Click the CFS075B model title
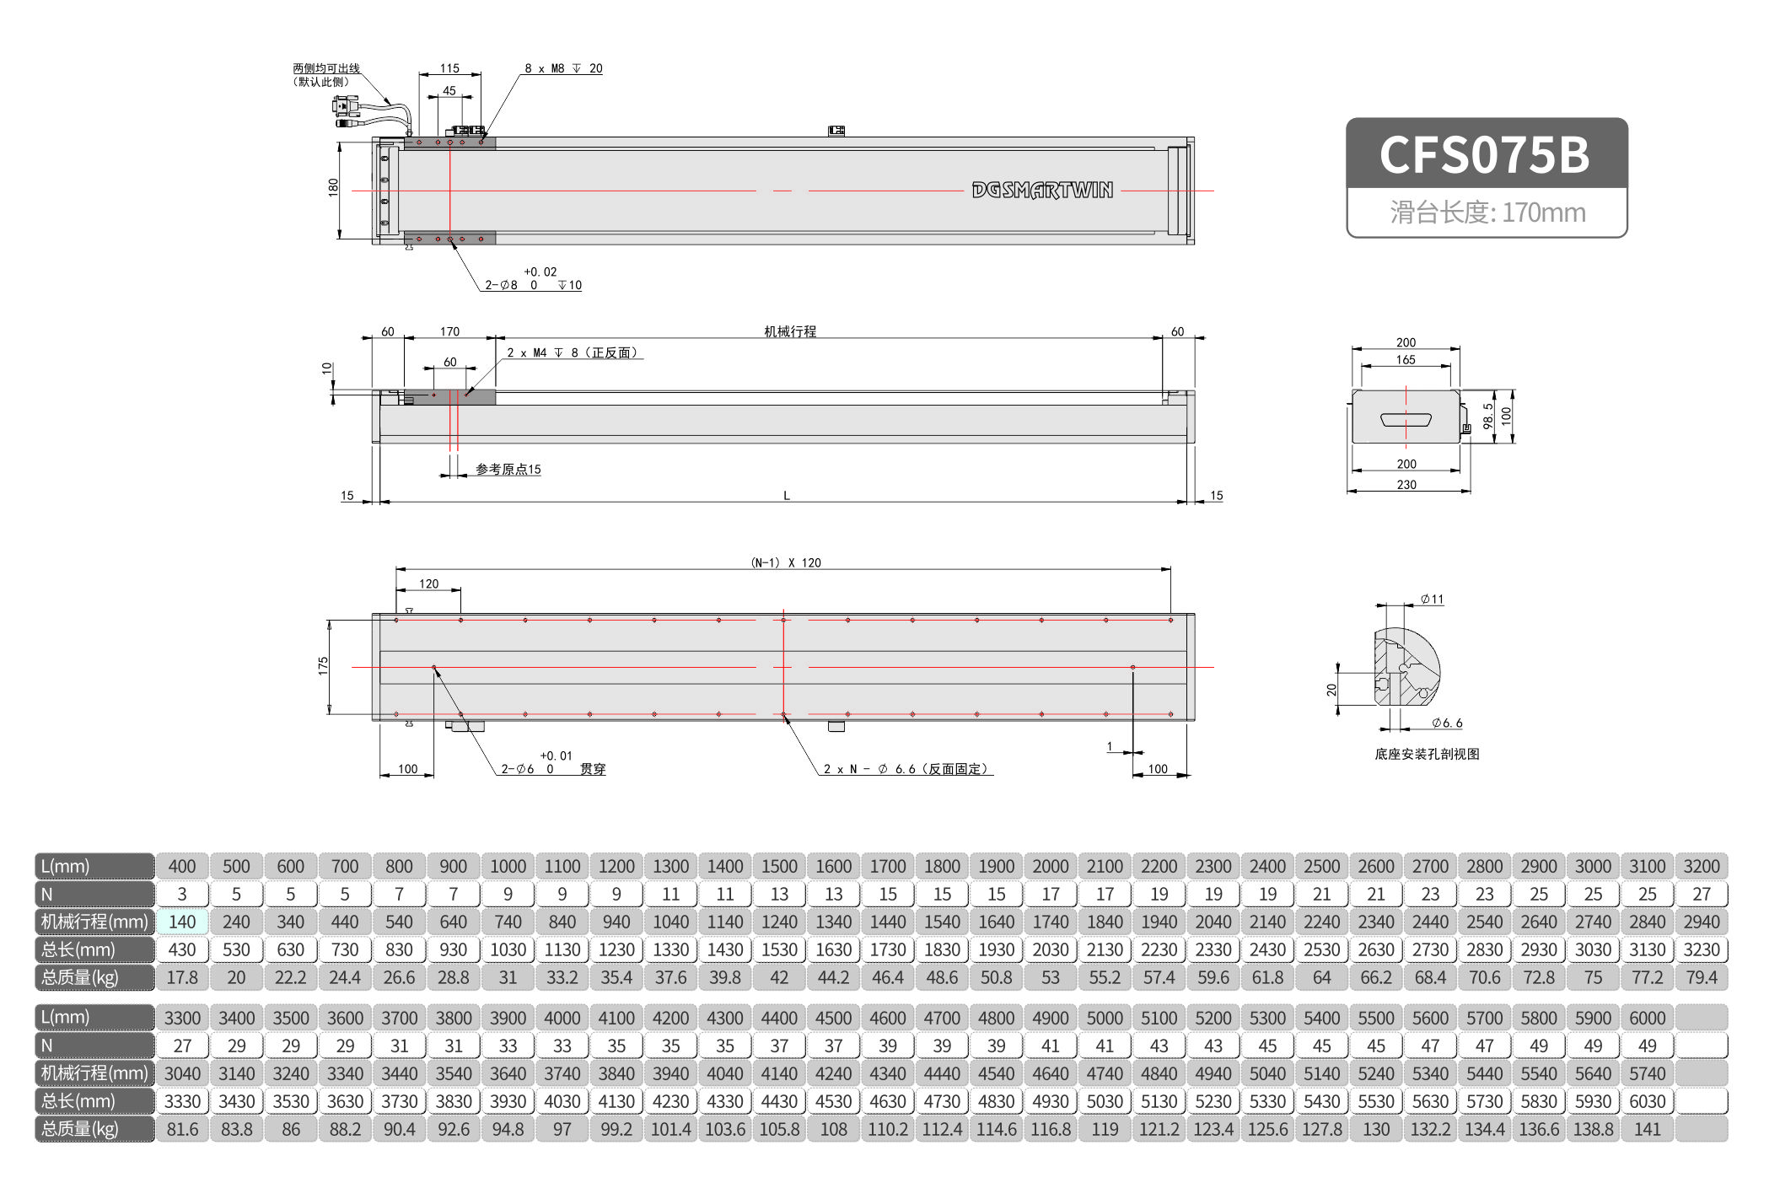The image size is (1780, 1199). (1485, 155)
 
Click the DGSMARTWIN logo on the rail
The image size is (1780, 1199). (1042, 191)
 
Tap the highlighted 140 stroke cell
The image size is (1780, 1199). (182, 922)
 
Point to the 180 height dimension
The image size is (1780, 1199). (333, 187)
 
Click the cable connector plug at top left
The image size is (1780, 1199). (346, 106)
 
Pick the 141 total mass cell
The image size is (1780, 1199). (1647, 1129)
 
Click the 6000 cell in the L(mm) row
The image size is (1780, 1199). (1647, 1018)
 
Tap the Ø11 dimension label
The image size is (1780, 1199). (1432, 599)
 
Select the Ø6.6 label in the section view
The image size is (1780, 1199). (1447, 723)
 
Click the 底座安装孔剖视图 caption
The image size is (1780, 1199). (1427, 754)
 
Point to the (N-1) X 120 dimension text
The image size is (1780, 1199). (785, 562)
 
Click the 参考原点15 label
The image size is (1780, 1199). (508, 469)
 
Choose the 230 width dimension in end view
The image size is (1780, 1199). (1406, 485)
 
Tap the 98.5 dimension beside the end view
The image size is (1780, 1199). (1488, 416)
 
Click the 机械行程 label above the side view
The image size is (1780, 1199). (789, 331)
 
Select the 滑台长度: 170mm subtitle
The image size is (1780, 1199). (1487, 212)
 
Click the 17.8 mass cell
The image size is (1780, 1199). (182, 977)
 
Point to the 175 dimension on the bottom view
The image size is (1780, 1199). (323, 666)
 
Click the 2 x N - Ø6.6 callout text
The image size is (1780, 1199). (906, 769)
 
